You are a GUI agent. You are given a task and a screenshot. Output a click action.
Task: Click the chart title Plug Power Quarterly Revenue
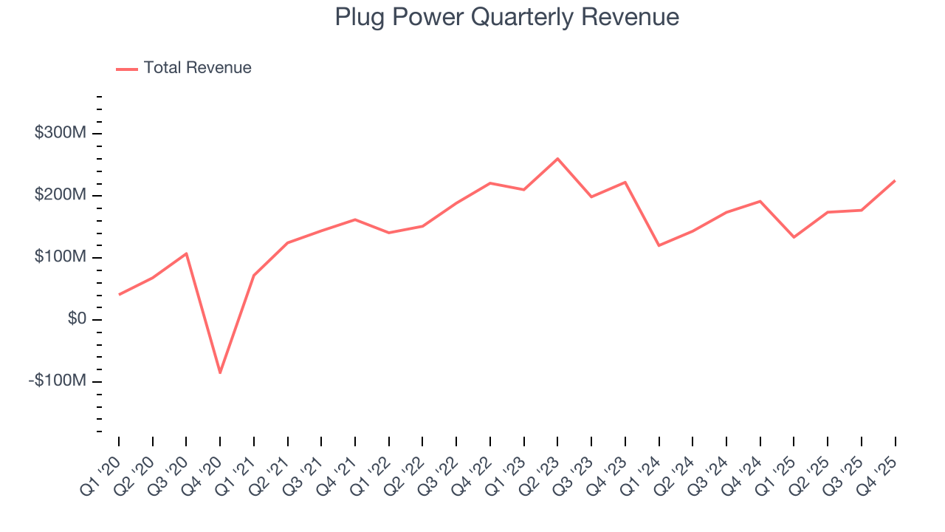pos(506,17)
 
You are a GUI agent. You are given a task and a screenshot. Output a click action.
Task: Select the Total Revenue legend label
pos(197,68)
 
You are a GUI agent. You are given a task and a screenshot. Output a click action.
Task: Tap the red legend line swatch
pos(127,69)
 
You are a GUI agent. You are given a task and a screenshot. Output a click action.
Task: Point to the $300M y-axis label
pos(61,133)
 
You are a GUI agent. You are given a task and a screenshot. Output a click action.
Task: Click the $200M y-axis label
pos(61,195)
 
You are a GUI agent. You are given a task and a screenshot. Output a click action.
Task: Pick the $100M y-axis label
pos(61,257)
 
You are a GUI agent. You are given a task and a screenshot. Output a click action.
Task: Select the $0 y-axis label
pos(78,319)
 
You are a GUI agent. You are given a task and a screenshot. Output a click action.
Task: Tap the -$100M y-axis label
pos(58,381)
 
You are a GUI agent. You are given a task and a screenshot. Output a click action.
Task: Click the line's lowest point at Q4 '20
pos(220,372)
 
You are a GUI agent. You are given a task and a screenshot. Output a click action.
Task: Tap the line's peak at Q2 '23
pos(557,158)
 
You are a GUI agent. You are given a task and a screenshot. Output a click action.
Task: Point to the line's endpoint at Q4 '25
pos(895,180)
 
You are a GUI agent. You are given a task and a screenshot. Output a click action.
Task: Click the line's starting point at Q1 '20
pos(119,294)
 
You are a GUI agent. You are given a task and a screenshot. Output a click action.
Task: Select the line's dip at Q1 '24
pos(659,245)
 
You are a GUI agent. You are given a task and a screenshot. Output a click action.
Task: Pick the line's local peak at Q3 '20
pos(186,253)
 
